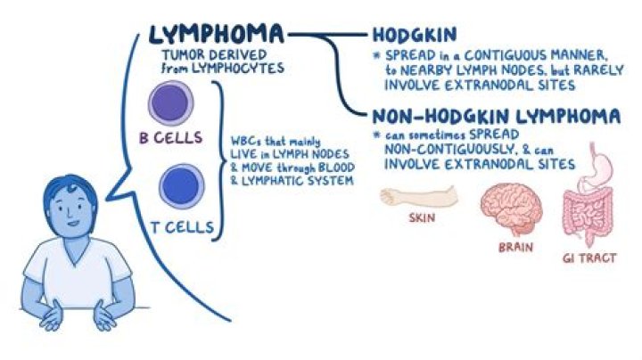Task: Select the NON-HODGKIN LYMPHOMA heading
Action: tap(495, 116)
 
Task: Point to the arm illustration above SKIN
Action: tap(418, 195)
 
